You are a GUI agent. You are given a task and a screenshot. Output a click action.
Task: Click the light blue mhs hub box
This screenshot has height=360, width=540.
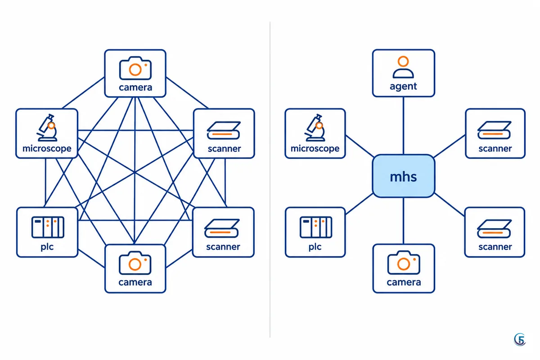(403, 176)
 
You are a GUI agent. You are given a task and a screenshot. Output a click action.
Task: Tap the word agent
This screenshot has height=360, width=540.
(403, 86)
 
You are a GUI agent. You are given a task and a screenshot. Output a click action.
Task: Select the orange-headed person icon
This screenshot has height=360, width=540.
(403, 67)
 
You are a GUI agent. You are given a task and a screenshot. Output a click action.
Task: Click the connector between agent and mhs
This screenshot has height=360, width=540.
(403, 126)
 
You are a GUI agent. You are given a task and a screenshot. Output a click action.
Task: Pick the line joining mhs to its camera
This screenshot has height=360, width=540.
(403, 221)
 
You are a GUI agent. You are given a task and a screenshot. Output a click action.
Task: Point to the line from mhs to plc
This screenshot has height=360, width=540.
(359, 204)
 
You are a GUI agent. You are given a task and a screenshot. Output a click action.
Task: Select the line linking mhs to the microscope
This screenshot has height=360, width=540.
(360, 146)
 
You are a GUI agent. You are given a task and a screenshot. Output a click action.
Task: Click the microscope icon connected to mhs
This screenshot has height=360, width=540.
(315, 127)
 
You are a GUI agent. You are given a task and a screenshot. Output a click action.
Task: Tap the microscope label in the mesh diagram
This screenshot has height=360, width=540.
(47, 148)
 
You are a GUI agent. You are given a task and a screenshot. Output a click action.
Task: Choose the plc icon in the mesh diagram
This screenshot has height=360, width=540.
(48, 227)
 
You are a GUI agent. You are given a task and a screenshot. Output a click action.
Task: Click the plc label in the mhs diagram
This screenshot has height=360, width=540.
(315, 247)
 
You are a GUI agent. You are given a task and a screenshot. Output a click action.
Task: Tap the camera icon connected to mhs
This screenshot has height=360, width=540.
(404, 263)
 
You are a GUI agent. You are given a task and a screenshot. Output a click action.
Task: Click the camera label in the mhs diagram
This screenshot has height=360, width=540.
(404, 282)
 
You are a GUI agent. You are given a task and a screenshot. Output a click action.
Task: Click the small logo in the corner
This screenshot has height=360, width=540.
(520, 340)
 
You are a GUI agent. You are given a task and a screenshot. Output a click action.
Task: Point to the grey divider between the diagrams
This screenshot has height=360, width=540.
(270, 180)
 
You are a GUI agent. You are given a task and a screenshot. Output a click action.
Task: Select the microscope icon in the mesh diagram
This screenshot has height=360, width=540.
(47, 127)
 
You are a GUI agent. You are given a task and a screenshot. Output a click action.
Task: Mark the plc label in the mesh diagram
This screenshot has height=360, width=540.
(47, 247)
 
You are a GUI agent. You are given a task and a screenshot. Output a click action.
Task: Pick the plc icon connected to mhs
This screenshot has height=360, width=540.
(316, 227)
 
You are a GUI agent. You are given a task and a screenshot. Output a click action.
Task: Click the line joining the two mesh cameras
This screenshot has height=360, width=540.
(135, 171)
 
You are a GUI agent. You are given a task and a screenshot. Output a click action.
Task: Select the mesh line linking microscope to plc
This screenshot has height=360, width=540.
(45, 183)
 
